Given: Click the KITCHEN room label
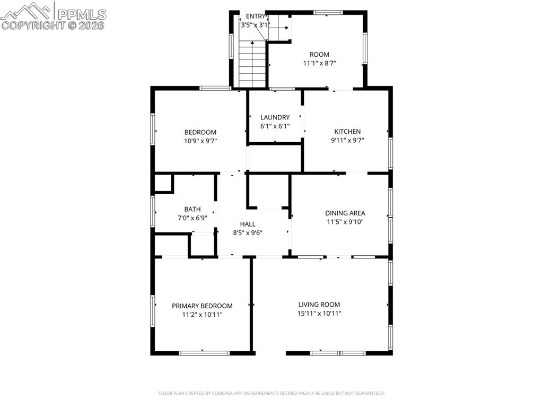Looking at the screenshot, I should click(x=347, y=132).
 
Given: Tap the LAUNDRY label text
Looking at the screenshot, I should click(x=275, y=117).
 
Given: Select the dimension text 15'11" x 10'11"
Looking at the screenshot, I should click(x=319, y=313).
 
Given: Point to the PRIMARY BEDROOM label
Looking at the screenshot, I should click(x=202, y=306).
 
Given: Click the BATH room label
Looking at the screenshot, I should click(x=192, y=209).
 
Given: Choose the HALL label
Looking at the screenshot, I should click(x=248, y=224).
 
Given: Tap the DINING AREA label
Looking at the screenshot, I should click(x=345, y=213).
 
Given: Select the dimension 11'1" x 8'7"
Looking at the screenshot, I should click(x=319, y=63).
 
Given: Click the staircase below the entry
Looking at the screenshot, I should click(x=251, y=65).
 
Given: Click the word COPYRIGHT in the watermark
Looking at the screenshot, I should click(x=33, y=25).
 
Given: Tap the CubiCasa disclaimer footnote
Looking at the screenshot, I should click(x=271, y=393).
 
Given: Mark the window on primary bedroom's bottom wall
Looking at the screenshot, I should click(x=204, y=353).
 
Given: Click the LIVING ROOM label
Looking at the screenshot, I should click(x=319, y=305).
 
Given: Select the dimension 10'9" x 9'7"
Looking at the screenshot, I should click(x=200, y=141).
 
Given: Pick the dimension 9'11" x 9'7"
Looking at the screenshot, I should click(x=347, y=140).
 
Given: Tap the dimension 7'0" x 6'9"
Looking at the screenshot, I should click(x=192, y=218).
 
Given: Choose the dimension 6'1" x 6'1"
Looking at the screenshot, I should click(x=275, y=126).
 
